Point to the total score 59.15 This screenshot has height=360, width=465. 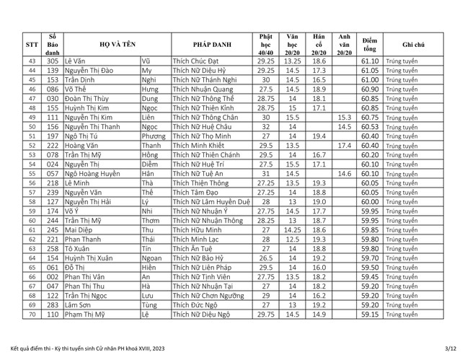pyautogui.click(x=370, y=315)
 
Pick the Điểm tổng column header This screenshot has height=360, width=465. pyautogui.click(x=370, y=43)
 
